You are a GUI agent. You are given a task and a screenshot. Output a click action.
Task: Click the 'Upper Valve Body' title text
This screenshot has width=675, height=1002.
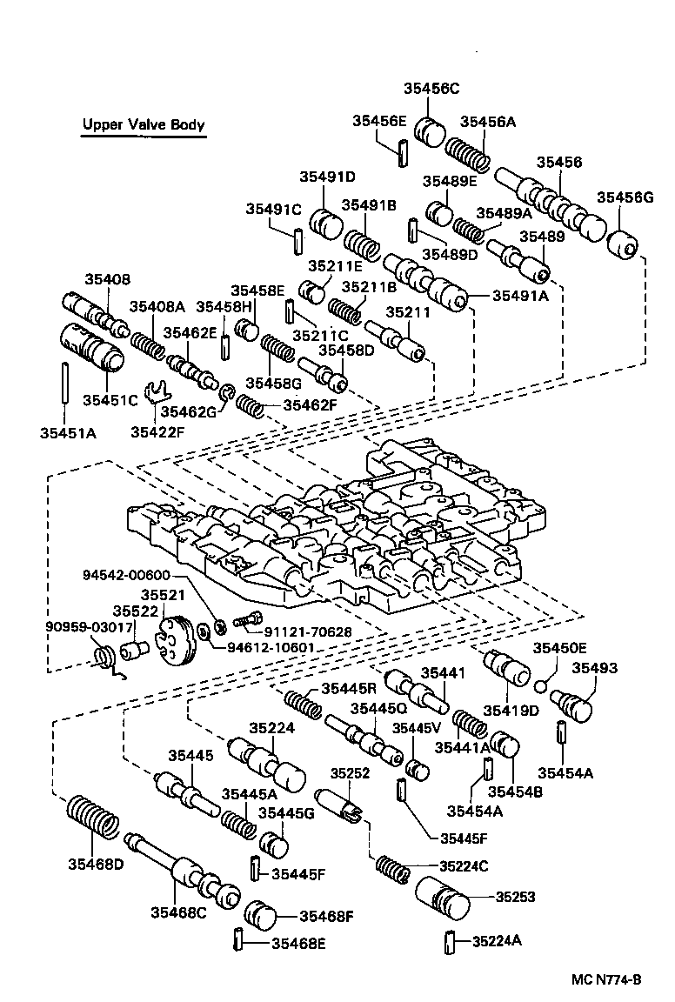pos(144,124)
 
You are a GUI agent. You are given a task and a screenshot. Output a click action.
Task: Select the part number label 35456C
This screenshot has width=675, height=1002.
pos(431,88)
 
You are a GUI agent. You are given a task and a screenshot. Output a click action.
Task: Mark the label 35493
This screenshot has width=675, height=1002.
pos(594,668)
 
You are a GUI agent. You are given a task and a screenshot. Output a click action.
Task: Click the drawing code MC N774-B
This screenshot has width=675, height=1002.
pos(605,979)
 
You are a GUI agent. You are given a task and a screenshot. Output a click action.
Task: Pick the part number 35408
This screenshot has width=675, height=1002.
pos(107,279)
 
